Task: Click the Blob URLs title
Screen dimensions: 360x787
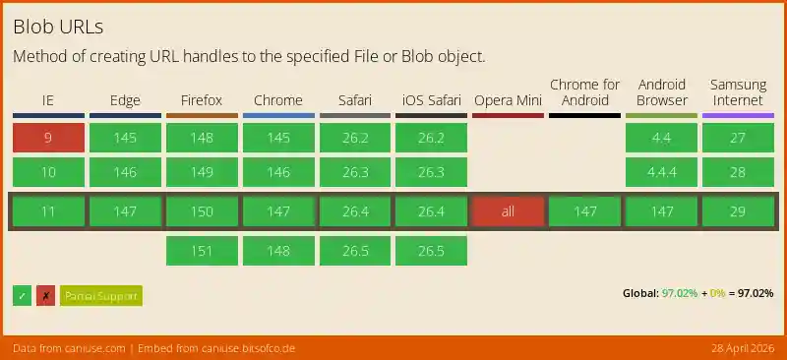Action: tap(59, 26)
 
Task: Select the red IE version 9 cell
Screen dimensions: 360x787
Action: tap(48, 138)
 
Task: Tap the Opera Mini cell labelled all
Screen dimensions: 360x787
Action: tap(508, 211)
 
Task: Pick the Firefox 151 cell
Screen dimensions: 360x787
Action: tap(202, 251)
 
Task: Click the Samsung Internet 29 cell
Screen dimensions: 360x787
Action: tap(738, 211)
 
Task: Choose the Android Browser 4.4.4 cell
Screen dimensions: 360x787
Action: tap(661, 172)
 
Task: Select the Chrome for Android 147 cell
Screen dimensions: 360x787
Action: tap(584, 211)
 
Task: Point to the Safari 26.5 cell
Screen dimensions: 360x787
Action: tap(354, 251)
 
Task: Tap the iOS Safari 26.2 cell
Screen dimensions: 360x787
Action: tap(431, 138)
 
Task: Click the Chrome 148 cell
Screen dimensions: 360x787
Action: tap(278, 251)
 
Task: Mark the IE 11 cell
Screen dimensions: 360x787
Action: tap(48, 211)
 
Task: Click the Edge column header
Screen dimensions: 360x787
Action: tap(125, 100)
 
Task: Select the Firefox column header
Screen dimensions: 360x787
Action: tap(202, 100)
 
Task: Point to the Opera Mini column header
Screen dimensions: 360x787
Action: tap(508, 100)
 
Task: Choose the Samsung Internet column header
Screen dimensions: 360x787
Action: tap(738, 92)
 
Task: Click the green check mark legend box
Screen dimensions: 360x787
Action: tap(22, 295)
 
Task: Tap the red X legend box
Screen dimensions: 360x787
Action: tap(45, 295)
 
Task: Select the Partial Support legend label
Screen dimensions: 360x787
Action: tap(101, 295)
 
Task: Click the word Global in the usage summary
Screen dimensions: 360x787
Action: tap(640, 294)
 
